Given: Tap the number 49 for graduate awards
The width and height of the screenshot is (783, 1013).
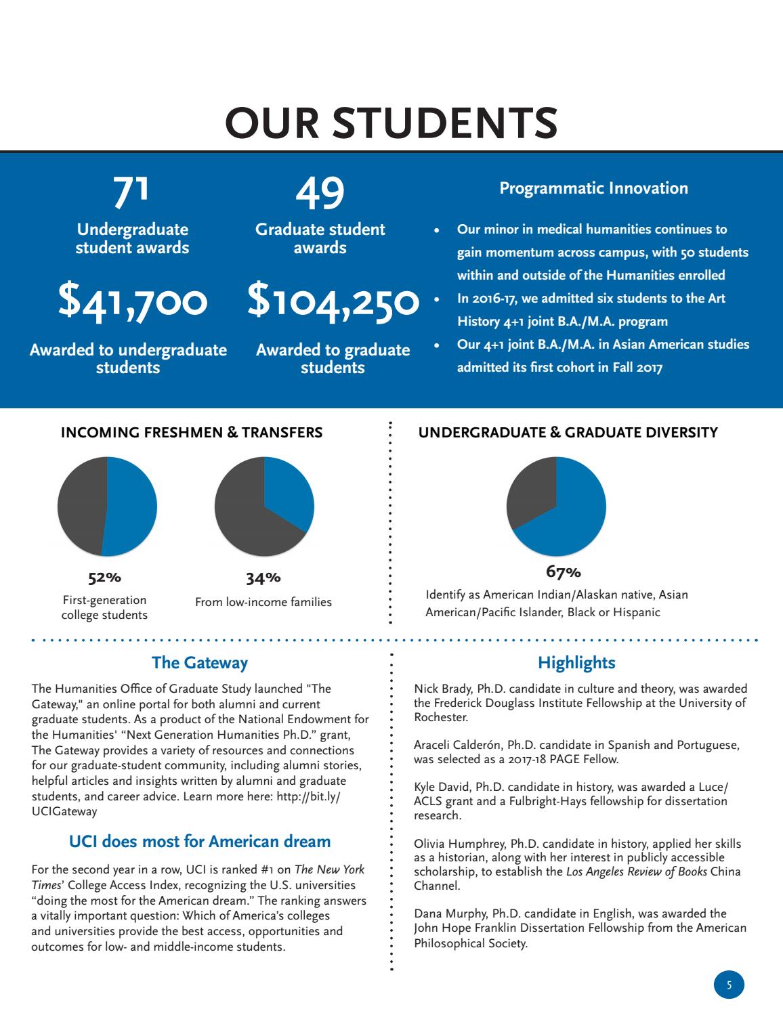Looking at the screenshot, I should tap(320, 192).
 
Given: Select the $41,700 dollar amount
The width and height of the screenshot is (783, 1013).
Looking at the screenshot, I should tap(132, 301).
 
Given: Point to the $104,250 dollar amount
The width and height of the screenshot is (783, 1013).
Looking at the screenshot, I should tap(333, 301).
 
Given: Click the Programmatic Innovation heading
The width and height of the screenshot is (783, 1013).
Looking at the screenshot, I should tap(593, 188).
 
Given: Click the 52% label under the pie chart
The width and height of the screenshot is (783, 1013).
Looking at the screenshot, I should tap(104, 578).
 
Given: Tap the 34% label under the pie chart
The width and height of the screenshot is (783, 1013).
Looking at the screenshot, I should tap(263, 578).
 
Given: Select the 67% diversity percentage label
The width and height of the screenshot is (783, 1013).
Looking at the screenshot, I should tap(563, 572).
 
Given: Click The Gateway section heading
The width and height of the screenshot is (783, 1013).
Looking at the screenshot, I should tap(199, 662).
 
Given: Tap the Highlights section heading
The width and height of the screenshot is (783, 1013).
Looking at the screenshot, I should tap(576, 662).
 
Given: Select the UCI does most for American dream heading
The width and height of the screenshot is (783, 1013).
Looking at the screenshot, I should tap(200, 842).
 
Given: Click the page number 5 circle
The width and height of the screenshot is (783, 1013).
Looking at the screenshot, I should tap(729, 985).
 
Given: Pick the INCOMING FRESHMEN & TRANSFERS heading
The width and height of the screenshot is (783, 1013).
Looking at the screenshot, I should tap(192, 432).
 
